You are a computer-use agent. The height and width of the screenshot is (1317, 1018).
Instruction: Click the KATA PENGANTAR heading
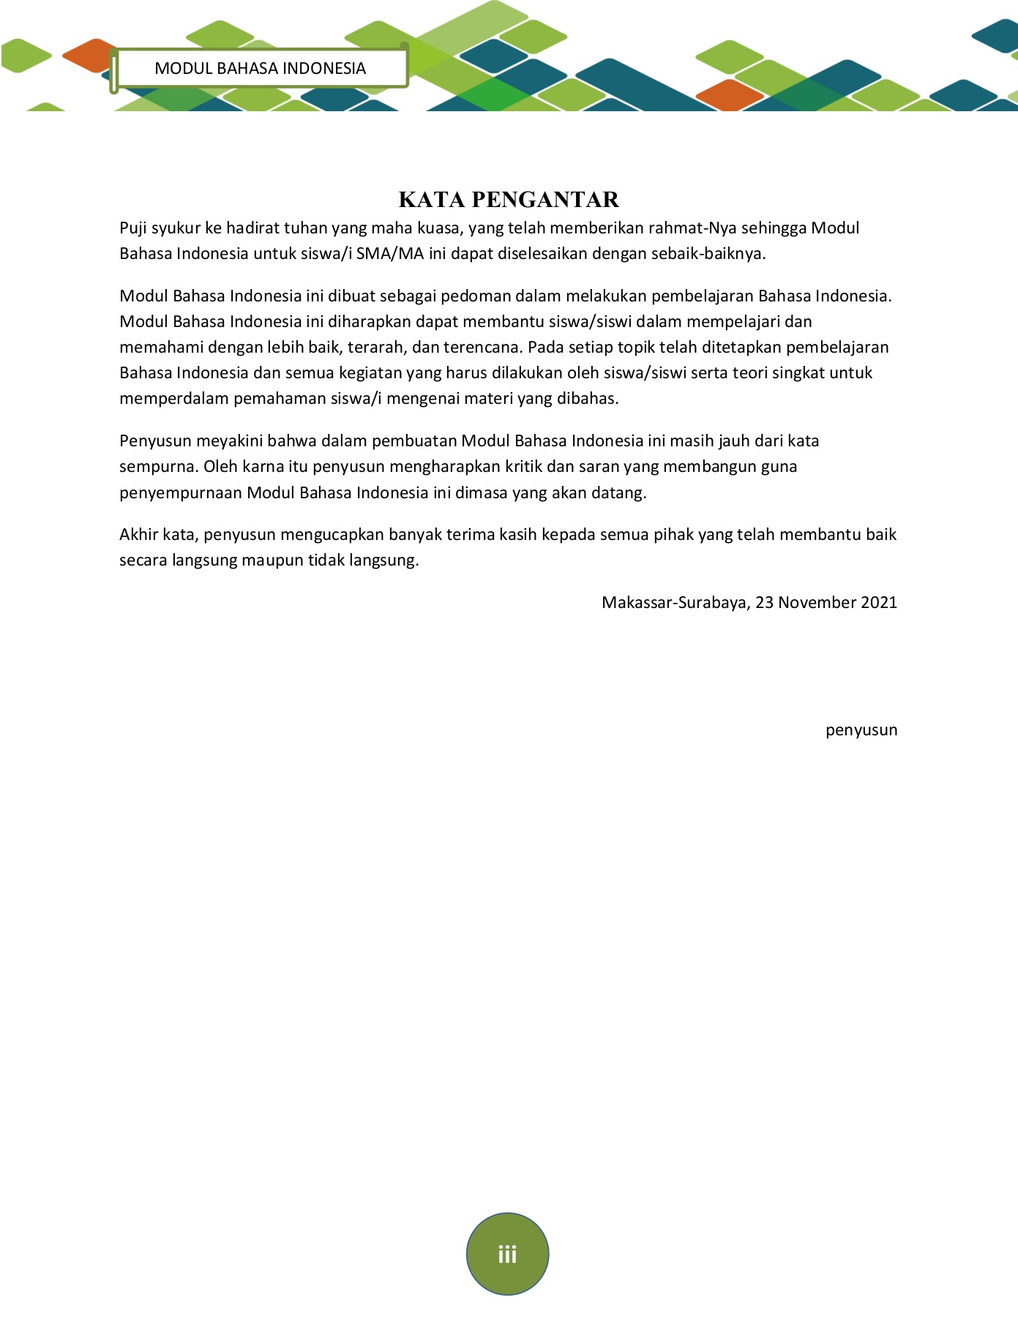pos(509,199)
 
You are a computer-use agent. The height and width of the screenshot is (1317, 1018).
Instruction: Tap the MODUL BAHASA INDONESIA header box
pos(260,68)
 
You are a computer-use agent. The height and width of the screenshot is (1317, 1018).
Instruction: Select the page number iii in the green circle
pos(507,1255)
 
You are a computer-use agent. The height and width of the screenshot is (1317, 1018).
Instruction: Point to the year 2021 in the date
pos(878,602)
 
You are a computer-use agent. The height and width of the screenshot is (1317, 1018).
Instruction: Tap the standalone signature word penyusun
pos(861,730)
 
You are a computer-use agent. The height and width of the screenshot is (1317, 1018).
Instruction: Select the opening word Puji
pos(133,228)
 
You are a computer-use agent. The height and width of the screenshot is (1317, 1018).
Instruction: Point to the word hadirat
pos(252,228)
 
